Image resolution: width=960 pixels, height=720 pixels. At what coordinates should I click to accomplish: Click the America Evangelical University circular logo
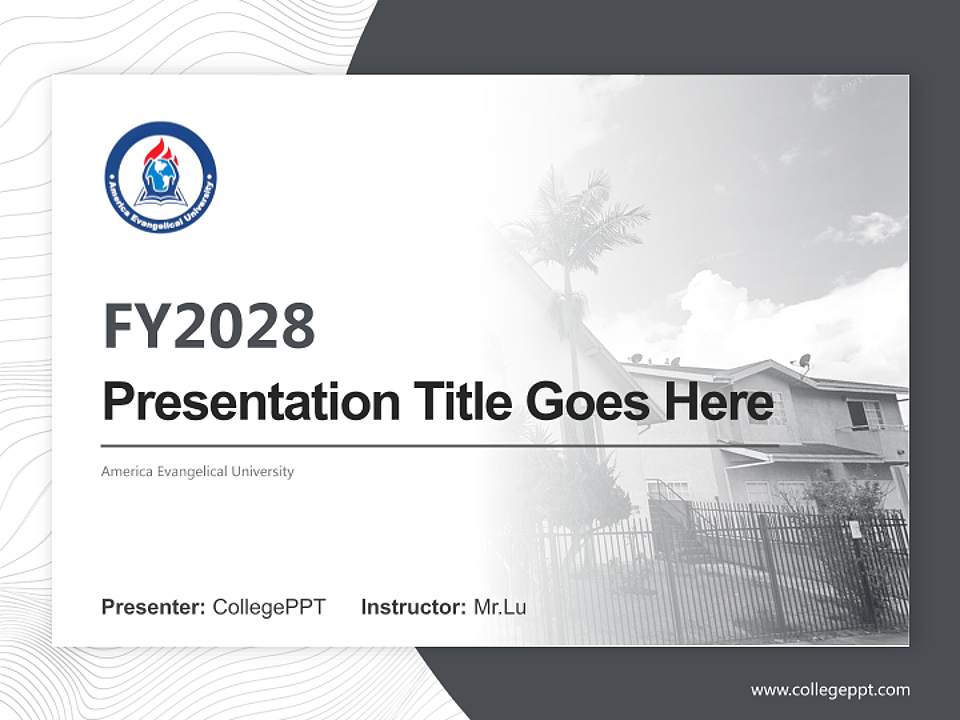(160, 178)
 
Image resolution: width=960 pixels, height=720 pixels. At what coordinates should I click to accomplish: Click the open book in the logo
(160, 197)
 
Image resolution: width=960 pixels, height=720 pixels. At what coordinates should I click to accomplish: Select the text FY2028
(209, 326)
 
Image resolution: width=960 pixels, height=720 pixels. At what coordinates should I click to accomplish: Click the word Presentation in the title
(251, 402)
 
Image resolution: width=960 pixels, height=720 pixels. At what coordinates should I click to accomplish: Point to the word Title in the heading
(463, 401)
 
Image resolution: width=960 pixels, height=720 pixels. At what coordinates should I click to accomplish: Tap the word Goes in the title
(588, 402)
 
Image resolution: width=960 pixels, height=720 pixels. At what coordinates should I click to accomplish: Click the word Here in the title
(719, 401)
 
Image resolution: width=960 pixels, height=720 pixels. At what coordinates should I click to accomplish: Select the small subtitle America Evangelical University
(198, 471)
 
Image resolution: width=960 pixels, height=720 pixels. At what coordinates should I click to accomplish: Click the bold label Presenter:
(153, 607)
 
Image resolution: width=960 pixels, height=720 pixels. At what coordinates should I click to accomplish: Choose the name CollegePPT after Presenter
(269, 607)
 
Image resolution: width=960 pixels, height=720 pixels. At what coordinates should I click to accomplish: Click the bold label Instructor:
(414, 607)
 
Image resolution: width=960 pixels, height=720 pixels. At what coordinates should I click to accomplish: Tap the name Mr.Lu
(500, 607)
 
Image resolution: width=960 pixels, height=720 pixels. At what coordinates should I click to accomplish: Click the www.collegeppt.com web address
(830, 691)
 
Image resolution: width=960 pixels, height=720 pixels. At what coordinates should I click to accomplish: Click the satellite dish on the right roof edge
(804, 362)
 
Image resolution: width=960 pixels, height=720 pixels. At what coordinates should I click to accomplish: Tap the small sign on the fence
(855, 529)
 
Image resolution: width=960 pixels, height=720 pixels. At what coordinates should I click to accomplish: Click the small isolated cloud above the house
(868, 227)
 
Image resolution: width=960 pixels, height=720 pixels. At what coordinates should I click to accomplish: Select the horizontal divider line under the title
(440, 446)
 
